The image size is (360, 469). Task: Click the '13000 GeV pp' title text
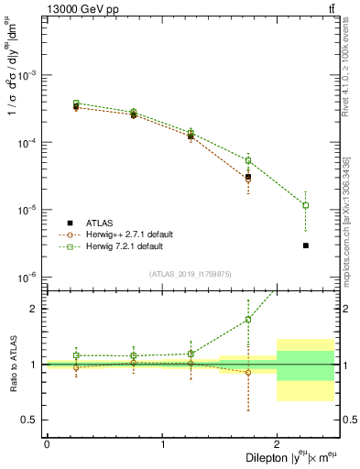pyautogui.click(x=46, y=8)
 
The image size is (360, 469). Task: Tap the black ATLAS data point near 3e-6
pyautogui.click(x=306, y=245)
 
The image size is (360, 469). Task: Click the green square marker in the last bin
pyautogui.click(x=306, y=205)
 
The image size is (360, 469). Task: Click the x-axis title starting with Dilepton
pyautogui.click(x=289, y=456)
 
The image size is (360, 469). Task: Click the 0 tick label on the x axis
pyautogui.click(x=47, y=443)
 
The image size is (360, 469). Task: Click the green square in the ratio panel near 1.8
pyautogui.click(x=248, y=320)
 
